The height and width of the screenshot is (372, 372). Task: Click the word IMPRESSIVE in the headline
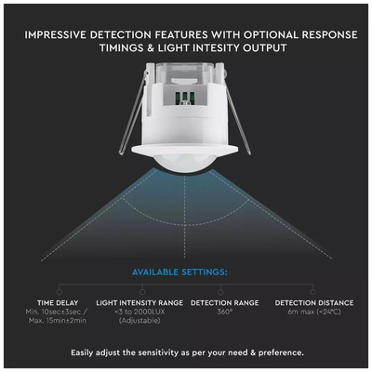pyautogui.click(x=55, y=34)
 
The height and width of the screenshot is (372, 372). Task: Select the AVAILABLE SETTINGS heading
pyautogui.click(x=179, y=272)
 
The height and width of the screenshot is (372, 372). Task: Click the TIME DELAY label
pyautogui.click(x=58, y=303)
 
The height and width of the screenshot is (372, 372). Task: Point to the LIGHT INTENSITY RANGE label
pyautogui.click(x=139, y=303)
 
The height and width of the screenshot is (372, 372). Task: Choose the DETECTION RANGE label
pyautogui.click(x=225, y=303)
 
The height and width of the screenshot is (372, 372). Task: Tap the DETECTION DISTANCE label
pyautogui.click(x=314, y=303)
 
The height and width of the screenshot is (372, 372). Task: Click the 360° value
pyautogui.click(x=224, y=312)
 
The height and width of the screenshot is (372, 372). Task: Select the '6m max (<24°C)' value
pyautogui.click(x=314, y=312)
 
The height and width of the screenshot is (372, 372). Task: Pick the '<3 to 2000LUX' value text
pyautogui.click(x=139, y=312)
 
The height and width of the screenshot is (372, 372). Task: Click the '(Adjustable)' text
pyautogui.click(x=139, y=321)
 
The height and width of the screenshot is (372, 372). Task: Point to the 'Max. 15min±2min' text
pyautogui.click(x=58, y=321)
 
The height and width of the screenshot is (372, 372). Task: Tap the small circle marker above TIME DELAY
pyautogui.click(x=60, y=292)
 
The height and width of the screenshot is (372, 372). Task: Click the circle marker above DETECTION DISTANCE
pyautogui.click(x=312, y=292)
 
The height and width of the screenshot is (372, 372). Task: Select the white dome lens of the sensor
pyautogui.click(x=185, y=162)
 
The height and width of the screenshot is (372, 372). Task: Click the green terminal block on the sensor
pyautogui.click(x=185, y=100)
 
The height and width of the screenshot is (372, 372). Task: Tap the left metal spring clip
pyautogui.click(x=133, y=112)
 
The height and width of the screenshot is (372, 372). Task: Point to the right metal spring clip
pyautogui.click(x=237, y=112)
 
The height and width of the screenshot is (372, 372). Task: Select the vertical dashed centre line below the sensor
pyautogui.click(x=185, y=215)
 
